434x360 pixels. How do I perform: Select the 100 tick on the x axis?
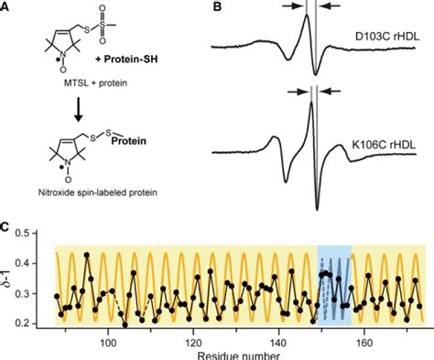pyautogui.click(x=107, y=342)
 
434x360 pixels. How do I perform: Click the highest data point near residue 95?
pyautogui.click(x=87, y=255)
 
